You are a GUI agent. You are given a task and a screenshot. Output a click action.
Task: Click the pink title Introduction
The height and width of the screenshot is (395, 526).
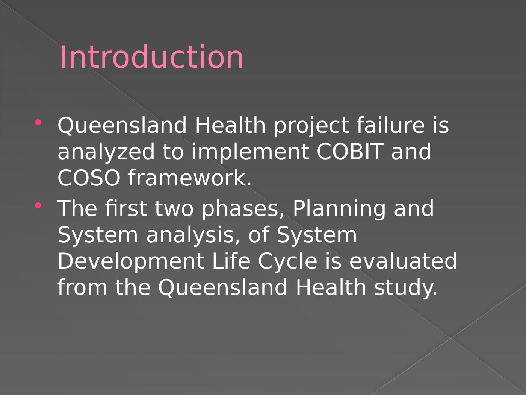[x=151, y=57]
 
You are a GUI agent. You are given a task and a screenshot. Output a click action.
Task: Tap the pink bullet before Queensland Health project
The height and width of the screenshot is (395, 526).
[x=38, y=122]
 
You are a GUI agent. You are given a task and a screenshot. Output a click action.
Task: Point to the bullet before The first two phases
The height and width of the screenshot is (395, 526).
[x=38, y=205]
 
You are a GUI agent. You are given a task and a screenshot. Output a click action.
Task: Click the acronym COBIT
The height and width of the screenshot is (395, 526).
[x=349, y=151]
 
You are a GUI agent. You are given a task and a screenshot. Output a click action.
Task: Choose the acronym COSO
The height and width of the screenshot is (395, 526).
[x=89, y=178]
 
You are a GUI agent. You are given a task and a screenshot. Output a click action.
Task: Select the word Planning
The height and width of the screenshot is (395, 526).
[x=339, y=209]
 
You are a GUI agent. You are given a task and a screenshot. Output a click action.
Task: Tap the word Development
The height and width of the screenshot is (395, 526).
[x=131, y=262]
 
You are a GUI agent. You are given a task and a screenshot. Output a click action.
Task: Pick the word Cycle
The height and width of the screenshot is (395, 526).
[x=287, y=262]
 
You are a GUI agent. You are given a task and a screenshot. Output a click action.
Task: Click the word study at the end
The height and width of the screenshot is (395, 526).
[x=406, y=288]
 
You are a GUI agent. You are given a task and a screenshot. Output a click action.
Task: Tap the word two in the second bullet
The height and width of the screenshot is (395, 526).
[x=174, y=209]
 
